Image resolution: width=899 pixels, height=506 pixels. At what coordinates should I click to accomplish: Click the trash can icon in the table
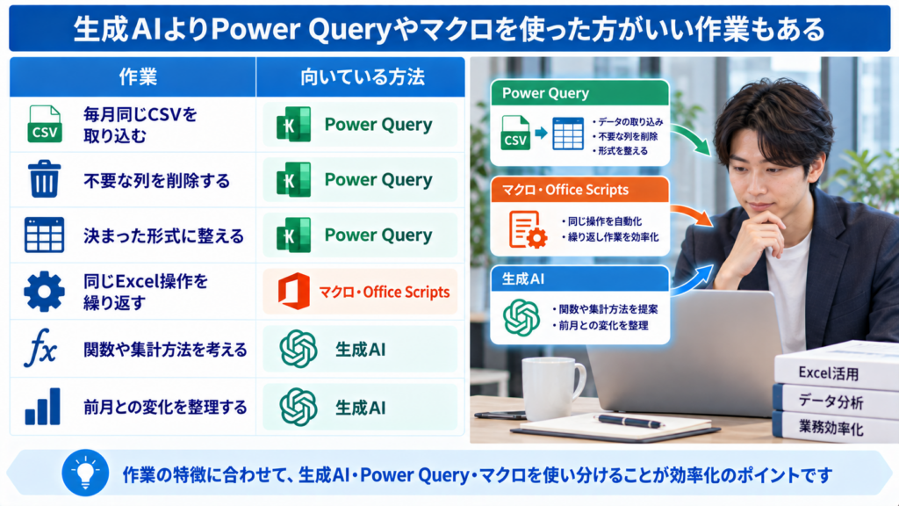[x=44, y=179]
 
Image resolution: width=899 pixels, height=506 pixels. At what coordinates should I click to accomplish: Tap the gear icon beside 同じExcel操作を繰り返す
[x=44, y=292]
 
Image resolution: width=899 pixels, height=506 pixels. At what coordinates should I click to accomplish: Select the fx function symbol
[x=40, y=347]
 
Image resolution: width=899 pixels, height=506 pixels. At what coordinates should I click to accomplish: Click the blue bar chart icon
[x=43, y=407]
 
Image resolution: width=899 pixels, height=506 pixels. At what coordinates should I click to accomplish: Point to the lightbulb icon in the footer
[x=85, y=473]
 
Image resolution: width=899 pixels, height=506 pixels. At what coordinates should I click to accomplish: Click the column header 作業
[x=138, y=77]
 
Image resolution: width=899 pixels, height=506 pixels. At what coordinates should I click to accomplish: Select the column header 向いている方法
[x=363, y=77]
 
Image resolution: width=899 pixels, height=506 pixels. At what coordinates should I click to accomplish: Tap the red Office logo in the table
[x=293, y=292]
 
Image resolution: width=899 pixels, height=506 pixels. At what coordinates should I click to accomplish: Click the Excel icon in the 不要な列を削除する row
[x=293, y=179]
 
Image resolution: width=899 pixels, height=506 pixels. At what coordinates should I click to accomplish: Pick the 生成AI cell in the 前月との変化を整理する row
[x=360, y=408]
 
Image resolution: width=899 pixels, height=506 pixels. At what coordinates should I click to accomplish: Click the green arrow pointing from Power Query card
[x=694, y=138]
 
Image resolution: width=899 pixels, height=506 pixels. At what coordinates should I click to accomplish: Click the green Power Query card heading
[x=579, y=93]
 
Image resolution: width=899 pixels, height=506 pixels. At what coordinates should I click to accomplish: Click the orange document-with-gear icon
[x=528, y=229]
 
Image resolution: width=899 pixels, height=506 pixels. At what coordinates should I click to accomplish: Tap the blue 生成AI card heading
[x=579, y=278]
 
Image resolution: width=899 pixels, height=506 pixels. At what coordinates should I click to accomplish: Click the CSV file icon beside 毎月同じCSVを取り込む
[x=44, y=124]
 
